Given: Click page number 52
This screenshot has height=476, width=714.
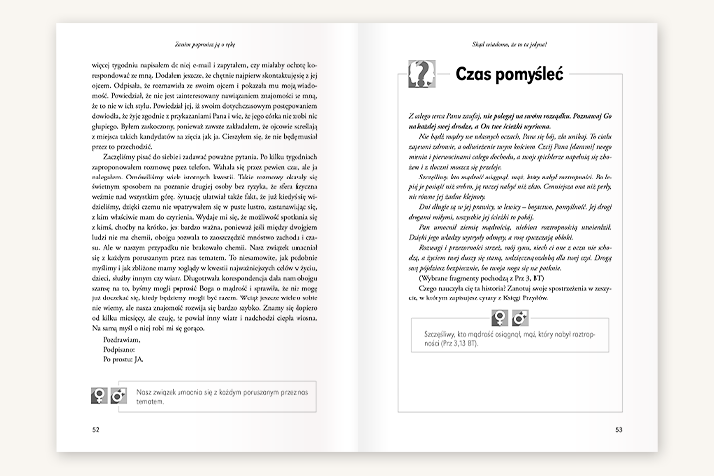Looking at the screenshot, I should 96,430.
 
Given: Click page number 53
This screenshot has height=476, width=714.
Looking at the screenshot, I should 618,430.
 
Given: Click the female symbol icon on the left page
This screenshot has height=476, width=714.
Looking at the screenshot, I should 99,396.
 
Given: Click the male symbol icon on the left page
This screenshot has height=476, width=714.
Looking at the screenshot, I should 118,396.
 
